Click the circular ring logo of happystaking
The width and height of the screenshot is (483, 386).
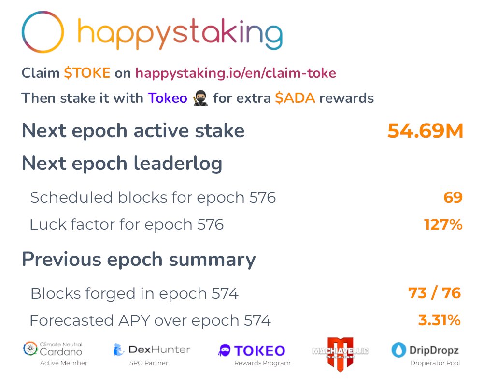click(43, 32)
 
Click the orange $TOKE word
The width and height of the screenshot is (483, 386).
click(87, 73)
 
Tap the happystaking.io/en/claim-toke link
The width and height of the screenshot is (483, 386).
click(236, 73)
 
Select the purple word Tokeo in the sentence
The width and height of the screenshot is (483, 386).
click(168, 98)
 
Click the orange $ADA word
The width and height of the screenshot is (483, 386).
click(295, 98)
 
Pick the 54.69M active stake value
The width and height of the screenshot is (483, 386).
click(425, 131)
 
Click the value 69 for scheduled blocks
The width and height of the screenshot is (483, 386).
click(453, 197)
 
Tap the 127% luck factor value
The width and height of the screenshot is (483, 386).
click(443, 224)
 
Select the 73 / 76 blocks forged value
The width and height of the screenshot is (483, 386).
click(434, 293)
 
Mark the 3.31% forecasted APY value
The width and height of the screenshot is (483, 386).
click(439, 320)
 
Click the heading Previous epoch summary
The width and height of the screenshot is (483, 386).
click(139, 260)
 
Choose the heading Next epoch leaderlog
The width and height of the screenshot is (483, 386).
click(122, 164)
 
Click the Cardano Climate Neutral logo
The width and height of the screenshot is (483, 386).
click(53, 349)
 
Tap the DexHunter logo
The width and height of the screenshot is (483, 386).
click(152, 349)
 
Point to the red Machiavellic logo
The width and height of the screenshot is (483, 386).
click(340, 354)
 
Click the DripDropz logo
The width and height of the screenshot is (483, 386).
click(425, 350)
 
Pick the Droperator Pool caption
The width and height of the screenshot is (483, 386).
click(435, 363)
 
